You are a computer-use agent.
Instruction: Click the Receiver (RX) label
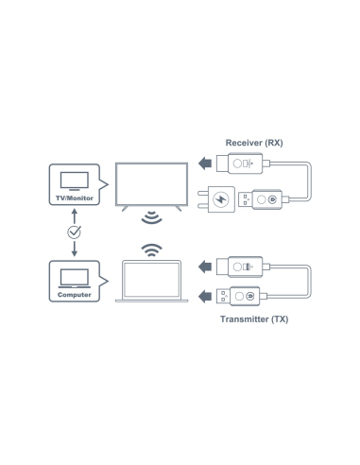click(x=254, y=142)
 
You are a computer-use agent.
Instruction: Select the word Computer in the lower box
click(x=74, y=294)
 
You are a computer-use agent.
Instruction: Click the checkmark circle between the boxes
click(x=74, y=232)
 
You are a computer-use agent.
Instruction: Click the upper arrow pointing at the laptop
click(x=207, y=267)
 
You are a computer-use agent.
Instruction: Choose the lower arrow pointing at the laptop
click(x=207, y=294)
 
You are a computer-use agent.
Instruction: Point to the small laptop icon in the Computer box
click(x=74, y=276)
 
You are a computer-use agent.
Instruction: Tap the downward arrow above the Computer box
click(x=74, y=247)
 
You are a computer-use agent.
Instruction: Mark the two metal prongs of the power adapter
click(x=202, y=199)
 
